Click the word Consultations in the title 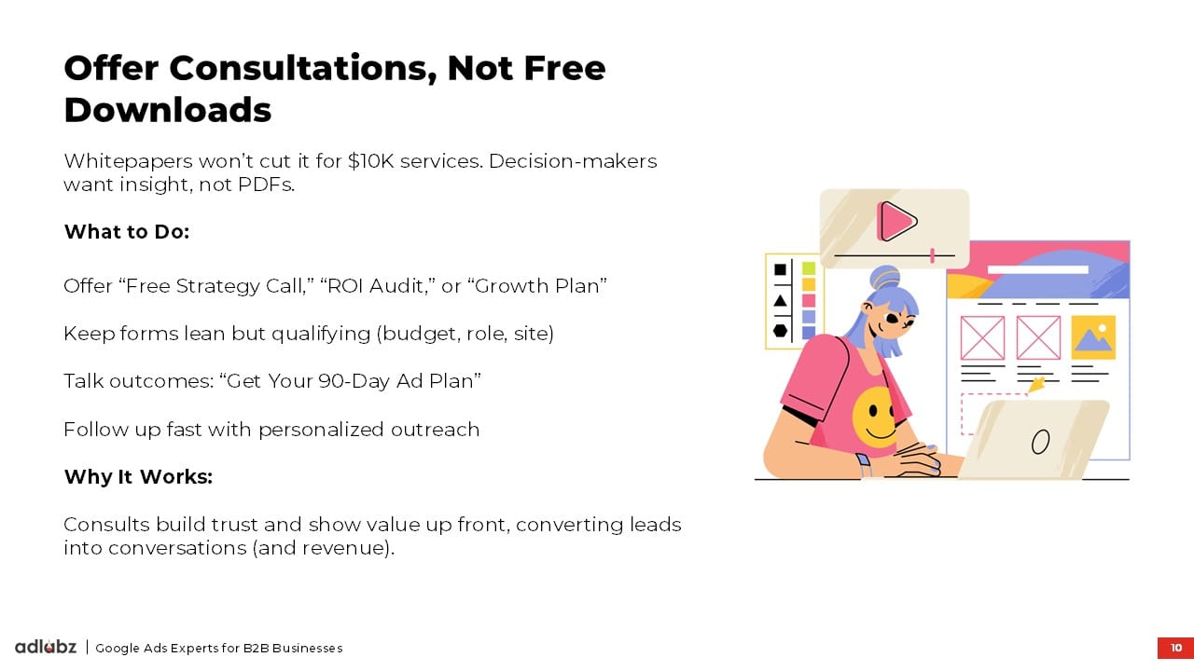coord(303,69)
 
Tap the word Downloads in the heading coord(168,110)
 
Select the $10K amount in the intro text coord(370,161)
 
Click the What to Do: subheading coord(127,232)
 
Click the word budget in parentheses coord(403,334)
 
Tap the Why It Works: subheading coord(139,476)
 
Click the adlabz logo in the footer coord(46,647)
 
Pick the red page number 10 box coord(1175,648)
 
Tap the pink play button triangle coord(897,221)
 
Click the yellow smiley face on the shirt coord(874,417)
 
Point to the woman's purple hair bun coord(884,278)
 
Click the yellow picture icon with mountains coord(1093,337)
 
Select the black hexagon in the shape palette coord(780,331)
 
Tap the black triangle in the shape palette coord(780,301)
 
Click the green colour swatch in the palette coord(809,267)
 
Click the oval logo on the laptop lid coord(1040,442)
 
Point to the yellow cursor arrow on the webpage coord(1035,384)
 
